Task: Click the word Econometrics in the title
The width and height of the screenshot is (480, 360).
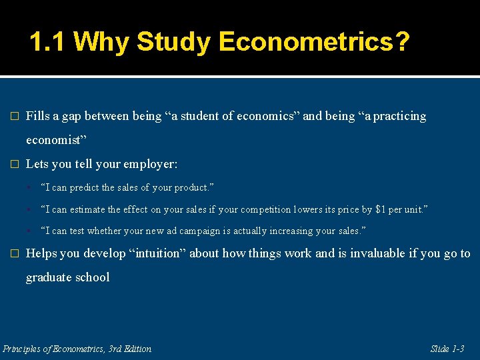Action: pos(313,43)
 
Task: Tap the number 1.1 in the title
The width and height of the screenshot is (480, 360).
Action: pos(47,43)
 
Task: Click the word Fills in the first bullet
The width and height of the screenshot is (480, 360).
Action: pos(37,116)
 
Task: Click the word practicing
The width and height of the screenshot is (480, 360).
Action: pos(399,116)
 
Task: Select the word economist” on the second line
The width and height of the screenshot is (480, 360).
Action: pos(56,141)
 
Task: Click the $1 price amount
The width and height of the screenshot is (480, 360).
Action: pos(381,209)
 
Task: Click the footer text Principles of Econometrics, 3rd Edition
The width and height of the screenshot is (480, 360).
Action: pos(77,349)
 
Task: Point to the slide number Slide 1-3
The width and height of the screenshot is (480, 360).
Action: pos(447,349)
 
